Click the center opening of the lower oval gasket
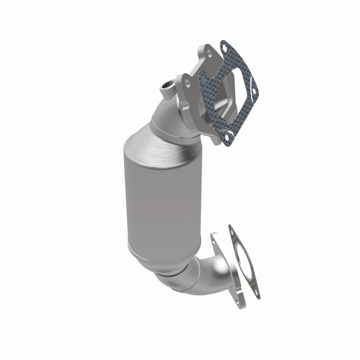[244, 260]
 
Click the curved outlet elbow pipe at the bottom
[200, 272]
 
